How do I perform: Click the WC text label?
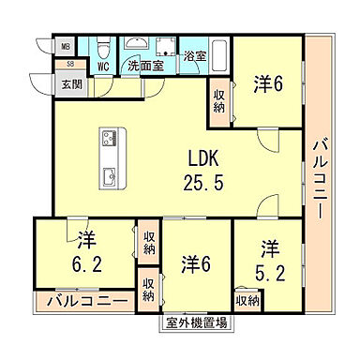click(104, 67)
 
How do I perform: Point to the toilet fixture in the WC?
click(105, 48)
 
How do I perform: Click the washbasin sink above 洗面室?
click(138, 46)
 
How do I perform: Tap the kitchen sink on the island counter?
click(106, 174)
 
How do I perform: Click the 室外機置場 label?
click(196, 323)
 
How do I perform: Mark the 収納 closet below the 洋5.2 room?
click(247, 300)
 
